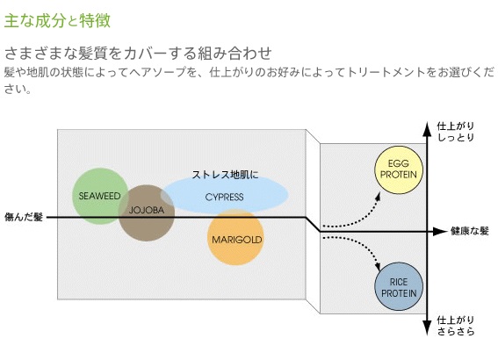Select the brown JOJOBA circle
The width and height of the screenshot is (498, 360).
[x=147, y=213]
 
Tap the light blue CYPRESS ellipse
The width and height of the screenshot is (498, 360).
[x=225, y=195]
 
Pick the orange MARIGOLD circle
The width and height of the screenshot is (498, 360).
[x=235, y=237]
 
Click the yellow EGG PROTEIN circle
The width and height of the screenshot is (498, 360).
[x=399, y=169]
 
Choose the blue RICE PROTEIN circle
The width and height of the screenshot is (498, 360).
[x=399, y=286]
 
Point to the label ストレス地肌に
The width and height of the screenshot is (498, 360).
[x=225, y=174]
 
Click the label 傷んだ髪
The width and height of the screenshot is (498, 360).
[x=24, y=217]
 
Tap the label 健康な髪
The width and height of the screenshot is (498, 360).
[x=469, y=231]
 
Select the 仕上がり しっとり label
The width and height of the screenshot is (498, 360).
[x=456, y=132]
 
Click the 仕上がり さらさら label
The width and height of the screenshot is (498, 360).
[x=456, y=326]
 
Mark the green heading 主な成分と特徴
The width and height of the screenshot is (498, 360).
[x=57, y=21]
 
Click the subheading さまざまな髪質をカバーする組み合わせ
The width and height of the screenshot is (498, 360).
[x=138, y=54]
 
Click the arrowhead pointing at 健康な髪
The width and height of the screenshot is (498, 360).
[x=441, y=232]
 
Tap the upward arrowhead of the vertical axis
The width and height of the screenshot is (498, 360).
[x=428, y=127]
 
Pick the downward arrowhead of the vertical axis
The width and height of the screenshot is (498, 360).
[x=428, y=328]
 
